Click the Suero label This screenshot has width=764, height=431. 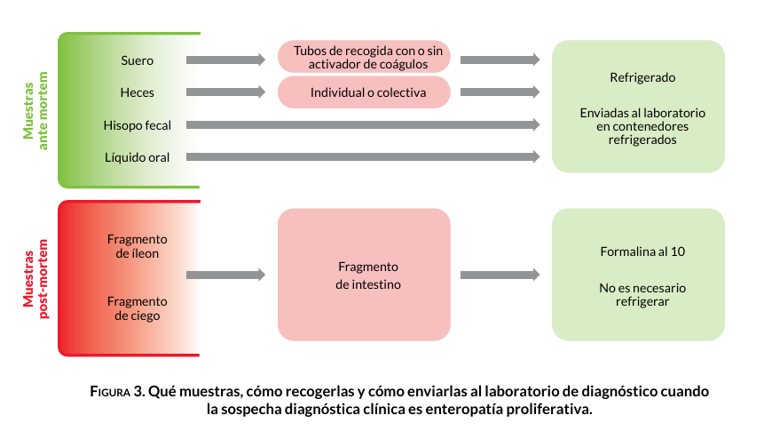point(137,60)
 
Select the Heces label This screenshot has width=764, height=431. point(137,92)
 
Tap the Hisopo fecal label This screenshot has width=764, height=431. point(137,125)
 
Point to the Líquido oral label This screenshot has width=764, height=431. point(137,157)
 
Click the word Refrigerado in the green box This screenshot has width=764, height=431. point(642,78)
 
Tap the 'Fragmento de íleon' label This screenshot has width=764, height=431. point(137,246)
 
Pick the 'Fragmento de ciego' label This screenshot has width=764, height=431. point(137,308)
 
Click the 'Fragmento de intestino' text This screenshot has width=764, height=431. point(367,275)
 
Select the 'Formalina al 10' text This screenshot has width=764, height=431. point(642,251)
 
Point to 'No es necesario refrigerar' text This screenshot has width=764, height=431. point(642,295)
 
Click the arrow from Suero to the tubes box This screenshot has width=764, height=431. point(225,60)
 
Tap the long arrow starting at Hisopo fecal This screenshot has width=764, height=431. point(363,124)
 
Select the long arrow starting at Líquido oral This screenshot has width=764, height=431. point(363,157)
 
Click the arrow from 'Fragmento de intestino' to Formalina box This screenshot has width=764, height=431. point(500,275)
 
